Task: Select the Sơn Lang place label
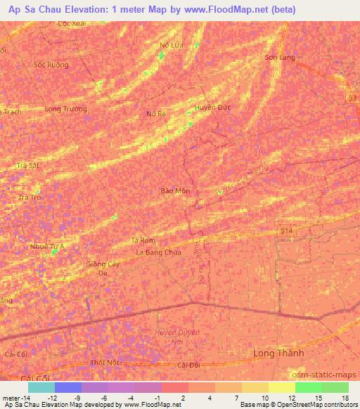(x=279, y=58)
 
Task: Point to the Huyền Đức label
(x=212, y=108)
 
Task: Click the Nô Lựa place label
(x=171, y=45)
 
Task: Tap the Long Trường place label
(x=65, y=109)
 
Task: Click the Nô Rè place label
(x=155, y=113)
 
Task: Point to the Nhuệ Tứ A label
(x=47, y=247)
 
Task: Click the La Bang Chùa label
(x=158, y=252)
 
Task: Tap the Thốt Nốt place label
(x=106, y=363)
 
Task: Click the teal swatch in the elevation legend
(x=41, y=387)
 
